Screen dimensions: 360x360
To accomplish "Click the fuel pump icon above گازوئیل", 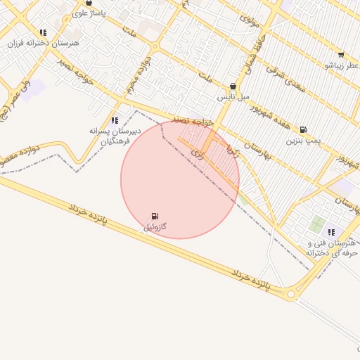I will (x=155, y=216).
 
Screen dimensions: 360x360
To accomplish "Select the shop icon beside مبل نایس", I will (x=233, y=86).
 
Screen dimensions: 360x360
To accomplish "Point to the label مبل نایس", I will (x=233, y=96).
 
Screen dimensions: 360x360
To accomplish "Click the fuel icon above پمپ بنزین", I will (x=303, y=129).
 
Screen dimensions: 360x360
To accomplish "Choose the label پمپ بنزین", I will (x=303, y=141).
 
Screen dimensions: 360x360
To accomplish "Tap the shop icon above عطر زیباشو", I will (x=341, y=55).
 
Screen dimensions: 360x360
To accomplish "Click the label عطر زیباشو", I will (x=341, y=65).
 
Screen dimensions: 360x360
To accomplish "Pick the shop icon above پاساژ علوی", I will (x=88, y=3).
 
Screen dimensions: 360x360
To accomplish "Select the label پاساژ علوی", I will (x=88, y=13).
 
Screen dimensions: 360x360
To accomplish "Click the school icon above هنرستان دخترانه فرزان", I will (x=43, y=32).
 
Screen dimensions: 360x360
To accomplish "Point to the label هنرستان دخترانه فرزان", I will (x=43, y=43).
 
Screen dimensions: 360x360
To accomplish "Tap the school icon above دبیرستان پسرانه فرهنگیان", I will (x=115, y=120).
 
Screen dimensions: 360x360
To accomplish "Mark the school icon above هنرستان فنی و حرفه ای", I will (x=331, y=232).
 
